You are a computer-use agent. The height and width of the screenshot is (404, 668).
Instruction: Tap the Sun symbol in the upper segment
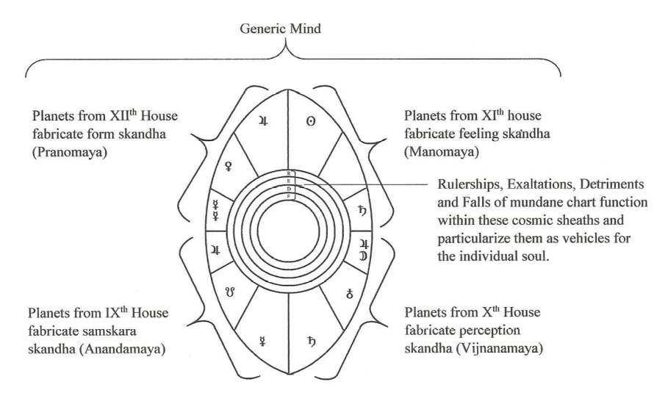coord(311,121)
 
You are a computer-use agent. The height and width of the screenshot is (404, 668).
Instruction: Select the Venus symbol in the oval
coord(229,166)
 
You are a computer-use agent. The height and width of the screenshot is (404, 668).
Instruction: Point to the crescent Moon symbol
coord(364,256)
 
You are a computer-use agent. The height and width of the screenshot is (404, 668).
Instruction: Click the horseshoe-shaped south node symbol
coord(229,292)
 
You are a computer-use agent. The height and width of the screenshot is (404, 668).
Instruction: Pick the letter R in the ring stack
coord(288,173)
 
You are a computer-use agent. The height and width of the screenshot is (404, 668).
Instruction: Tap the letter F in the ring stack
coord(288,196)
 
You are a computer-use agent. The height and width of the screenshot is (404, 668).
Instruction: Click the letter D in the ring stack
coord(288,189)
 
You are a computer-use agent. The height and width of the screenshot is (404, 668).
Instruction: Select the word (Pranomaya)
coord(69,152)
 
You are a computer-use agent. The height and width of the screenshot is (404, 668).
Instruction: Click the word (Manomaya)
coord(442,152)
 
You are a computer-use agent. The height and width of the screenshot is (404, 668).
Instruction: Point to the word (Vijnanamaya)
coord(500,348)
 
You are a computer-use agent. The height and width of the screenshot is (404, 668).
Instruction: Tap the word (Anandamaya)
coord(124,349)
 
